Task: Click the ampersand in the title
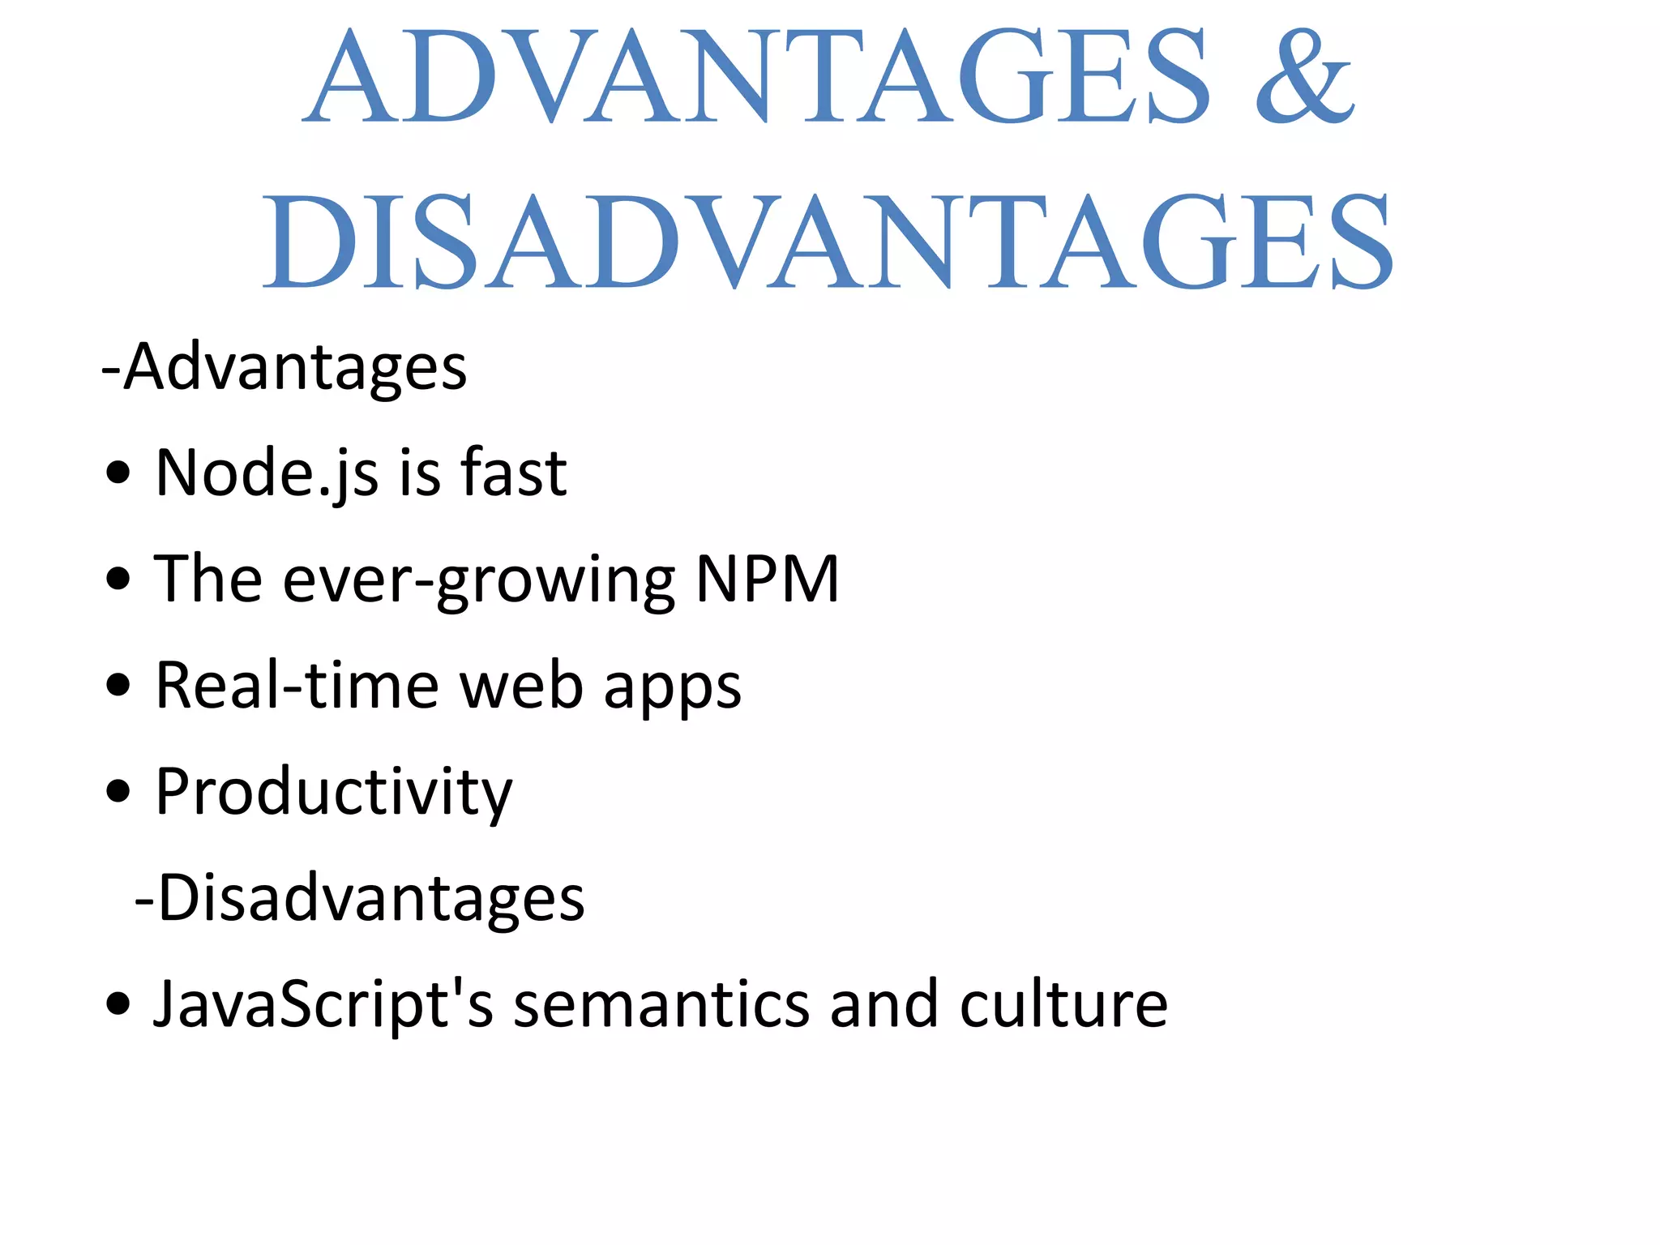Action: tap(1304, 77)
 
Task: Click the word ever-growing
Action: tap(478, 580)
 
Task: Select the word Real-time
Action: tap(297, 686)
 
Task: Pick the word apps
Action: tap(672, 689)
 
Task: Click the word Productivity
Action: tap(333, 793)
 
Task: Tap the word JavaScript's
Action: tap(323, 1005)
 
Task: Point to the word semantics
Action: tap(661, 1005)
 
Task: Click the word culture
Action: tap(1063, 1005)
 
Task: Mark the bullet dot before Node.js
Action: tap(118, 473)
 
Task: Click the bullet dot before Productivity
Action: tap(118, 792)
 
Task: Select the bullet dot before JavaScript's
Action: tap(118, 1004)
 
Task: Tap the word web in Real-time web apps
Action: tap(521, 686)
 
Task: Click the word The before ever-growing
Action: tap(207, 579)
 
